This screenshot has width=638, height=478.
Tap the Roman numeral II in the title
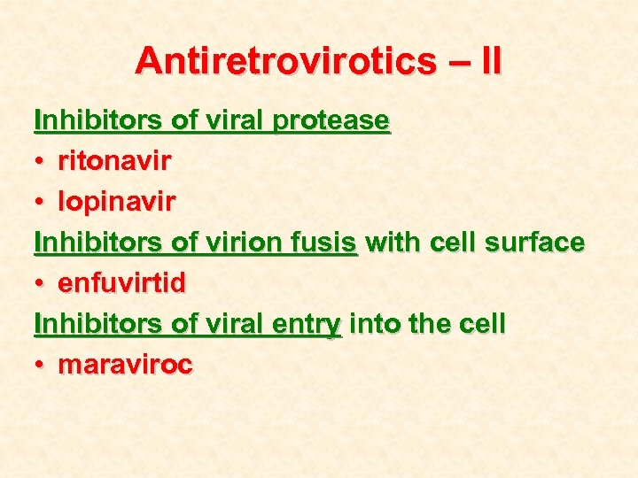click(489, 60)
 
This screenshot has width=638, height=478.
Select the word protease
click(331, 120)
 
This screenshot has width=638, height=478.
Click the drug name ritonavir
click(115, 161)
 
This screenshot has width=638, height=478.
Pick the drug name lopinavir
click(116, 203)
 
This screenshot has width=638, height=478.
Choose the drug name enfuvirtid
click(122, 283)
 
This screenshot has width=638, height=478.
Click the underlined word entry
click(307, 325)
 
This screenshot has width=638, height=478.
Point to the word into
click(375, 324)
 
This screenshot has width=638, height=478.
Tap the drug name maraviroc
click(125, 366)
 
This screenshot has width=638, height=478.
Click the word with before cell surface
click(392, 243)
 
